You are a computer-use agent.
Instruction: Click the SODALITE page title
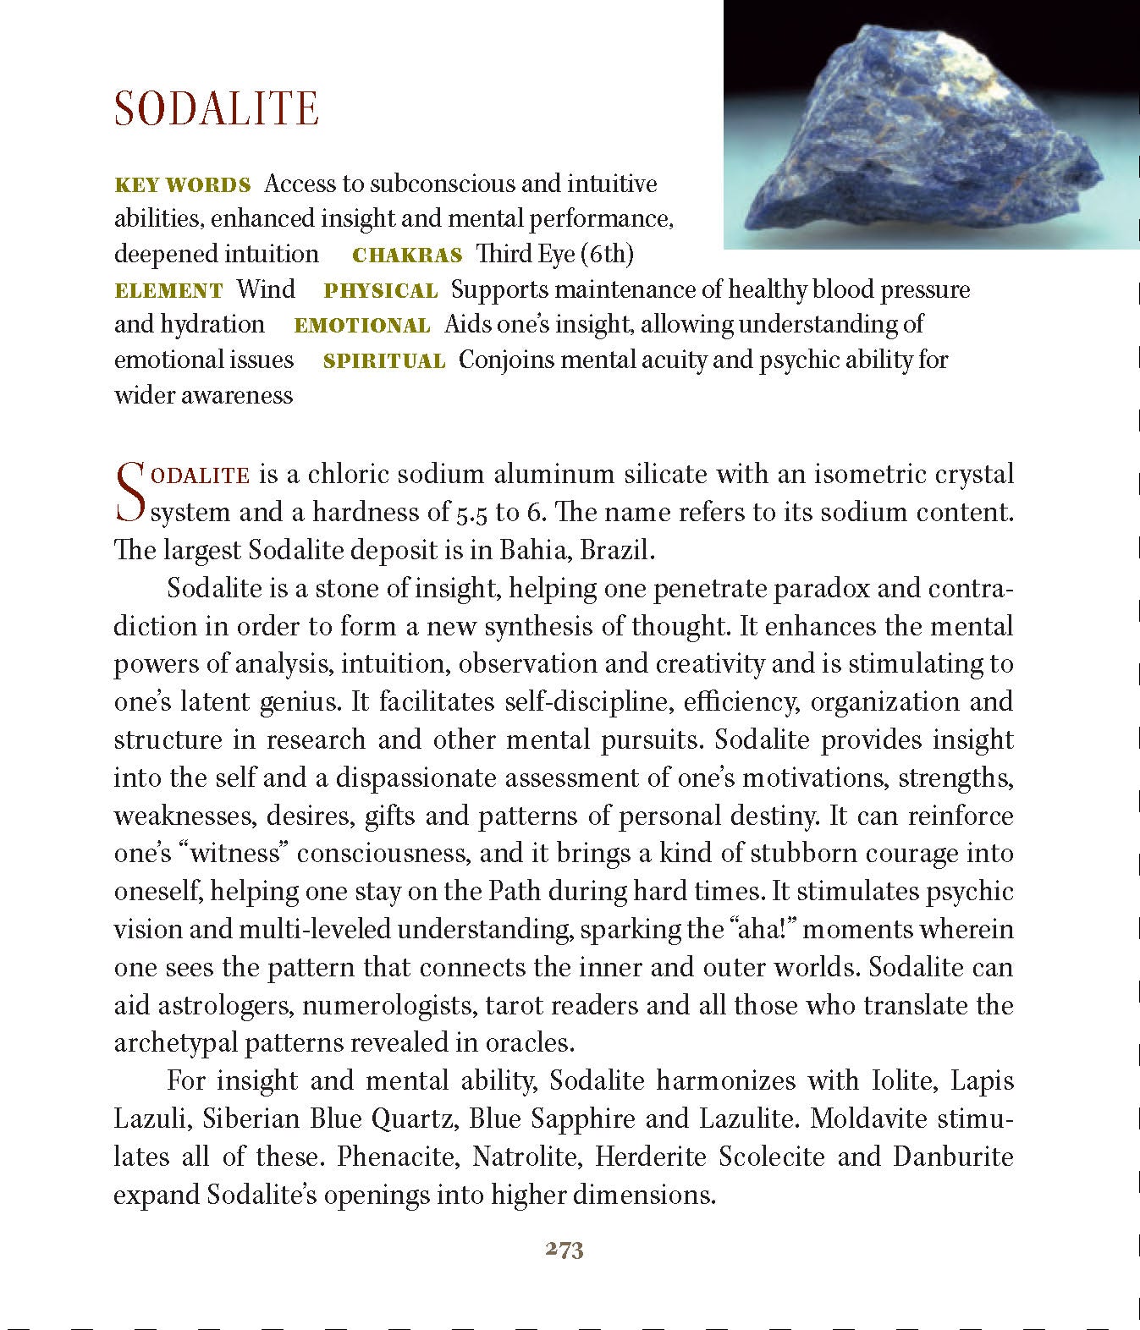point(216,108)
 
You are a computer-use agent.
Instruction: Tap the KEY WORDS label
point(182,185)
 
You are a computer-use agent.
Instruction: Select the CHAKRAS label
point(407,256)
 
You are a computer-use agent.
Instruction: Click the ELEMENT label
point(168,291)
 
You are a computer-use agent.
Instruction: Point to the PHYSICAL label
point(381,291)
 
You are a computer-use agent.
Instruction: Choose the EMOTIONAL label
point(361,326)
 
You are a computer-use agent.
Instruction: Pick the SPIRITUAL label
point(384,361)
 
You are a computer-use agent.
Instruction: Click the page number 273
point(564,1250)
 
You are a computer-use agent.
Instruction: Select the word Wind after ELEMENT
point(266,290)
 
